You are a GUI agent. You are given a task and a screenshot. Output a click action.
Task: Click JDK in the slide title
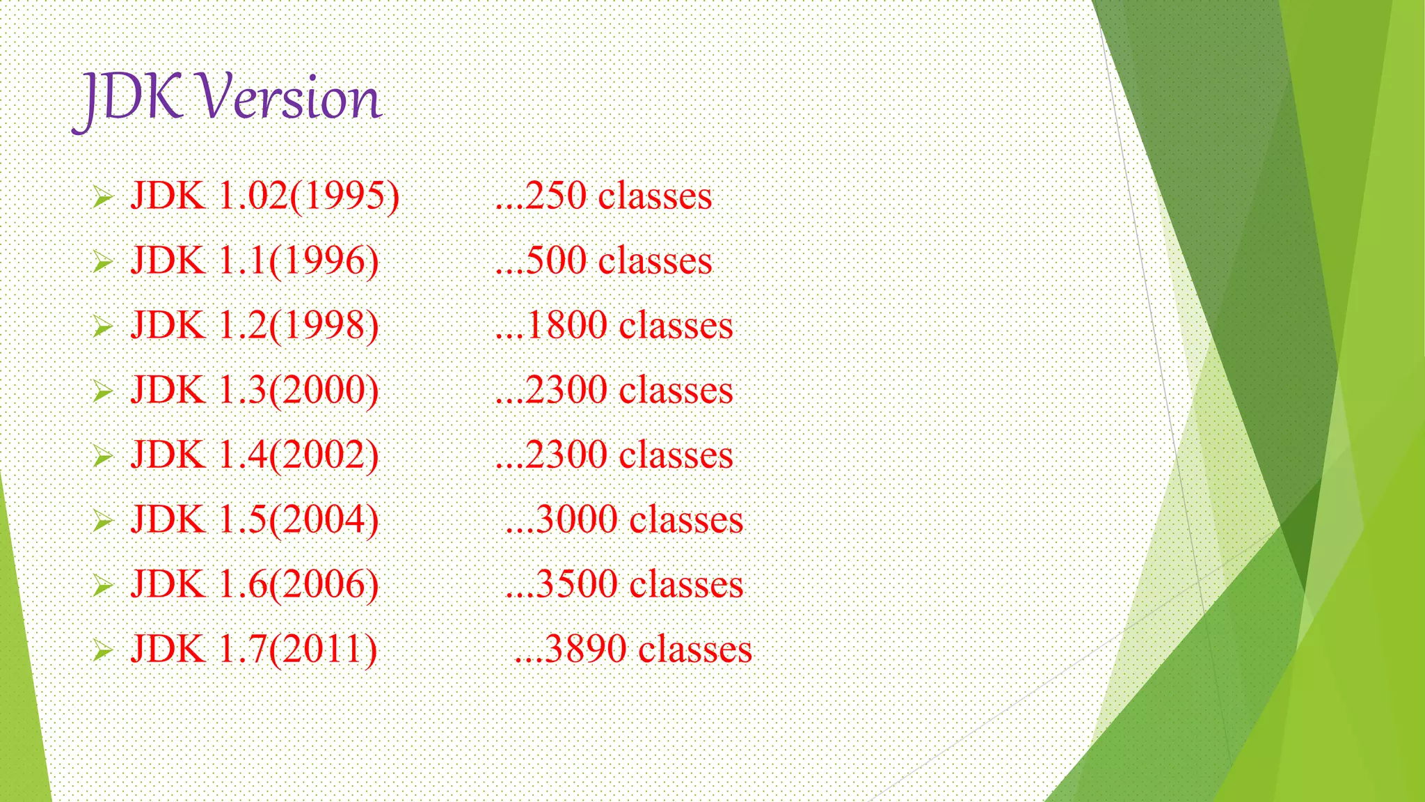pyautogui.click(x=132, y=99)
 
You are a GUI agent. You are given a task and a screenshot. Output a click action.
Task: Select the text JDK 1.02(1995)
pyautogui.click(x=265, y=196)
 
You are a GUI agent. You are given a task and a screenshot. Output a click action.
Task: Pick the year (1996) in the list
pyautogui.click(x=324, y=261)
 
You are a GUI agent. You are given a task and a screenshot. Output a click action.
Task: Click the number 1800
pyautogui.click(x=567, y=325)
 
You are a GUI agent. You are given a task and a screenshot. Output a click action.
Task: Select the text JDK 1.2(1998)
pyautogui.click(x=255, y=325)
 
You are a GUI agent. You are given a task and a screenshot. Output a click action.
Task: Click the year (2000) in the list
pyautogui.click(x=324, y=390)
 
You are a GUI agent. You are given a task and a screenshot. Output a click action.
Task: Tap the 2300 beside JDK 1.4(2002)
pyautogui.click(x=567, y=455)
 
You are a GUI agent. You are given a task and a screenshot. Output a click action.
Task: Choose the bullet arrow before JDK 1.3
pyautogui.click(x=102, y=392)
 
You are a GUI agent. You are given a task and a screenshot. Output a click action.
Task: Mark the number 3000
pyautogui.click(x=578, y=519)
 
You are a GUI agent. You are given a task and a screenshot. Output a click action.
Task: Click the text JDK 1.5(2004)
pyautogui.click(x=255, y=519)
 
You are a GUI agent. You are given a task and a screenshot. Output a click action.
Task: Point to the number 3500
pyautogui.click(x=578, y=584)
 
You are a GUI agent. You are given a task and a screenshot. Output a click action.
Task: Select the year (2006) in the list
pyautogui.click(x=324, y=584)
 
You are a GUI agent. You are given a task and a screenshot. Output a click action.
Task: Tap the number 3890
pyautogui.click(x=587, y=649)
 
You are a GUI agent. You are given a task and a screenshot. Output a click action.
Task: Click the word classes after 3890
pyautogui.click(x=695, y=649)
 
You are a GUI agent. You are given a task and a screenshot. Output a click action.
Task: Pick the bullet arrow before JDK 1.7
pyautogui.click(x=102, y=651)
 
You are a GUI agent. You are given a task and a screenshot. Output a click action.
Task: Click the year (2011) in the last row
pyautogui.click(x=323, y=649)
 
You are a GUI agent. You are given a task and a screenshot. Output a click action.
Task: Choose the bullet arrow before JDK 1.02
pyautogui.click(x=102, y=198)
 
